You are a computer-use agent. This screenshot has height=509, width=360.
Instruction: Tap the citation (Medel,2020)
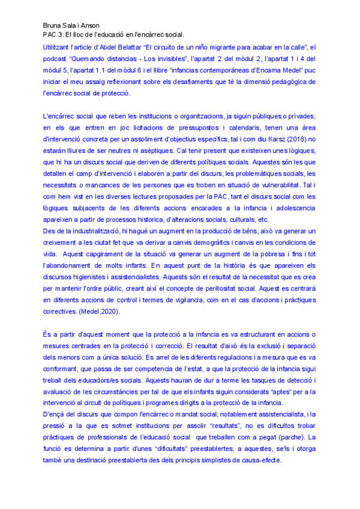[103, 312]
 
